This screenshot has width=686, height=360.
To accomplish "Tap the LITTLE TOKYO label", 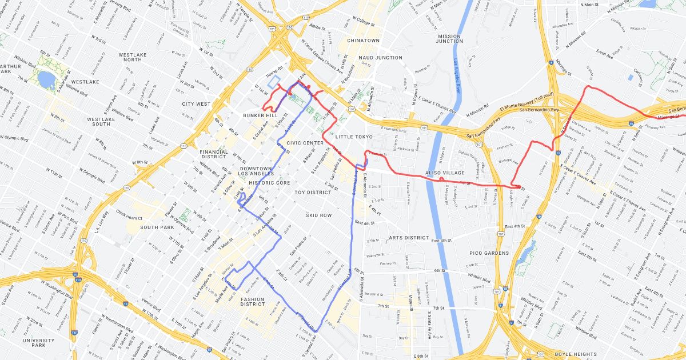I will (354, 137).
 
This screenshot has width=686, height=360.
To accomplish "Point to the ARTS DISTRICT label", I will (408, 238).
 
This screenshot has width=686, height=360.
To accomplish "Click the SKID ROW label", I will (318, 215).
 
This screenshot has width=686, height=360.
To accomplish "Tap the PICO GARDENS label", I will (489, 253).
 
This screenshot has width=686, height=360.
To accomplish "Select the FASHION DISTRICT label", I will (252, 302).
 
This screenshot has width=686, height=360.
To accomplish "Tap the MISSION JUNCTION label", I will (449, 39).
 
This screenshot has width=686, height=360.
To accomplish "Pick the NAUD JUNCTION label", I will (380, 58).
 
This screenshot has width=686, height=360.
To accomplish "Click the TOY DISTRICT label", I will (312, 193).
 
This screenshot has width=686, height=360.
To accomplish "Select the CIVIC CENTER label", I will (305, 143).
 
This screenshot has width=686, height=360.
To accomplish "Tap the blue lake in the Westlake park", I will (46, 79).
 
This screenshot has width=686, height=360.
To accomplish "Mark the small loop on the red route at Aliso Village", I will (442, 179).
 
